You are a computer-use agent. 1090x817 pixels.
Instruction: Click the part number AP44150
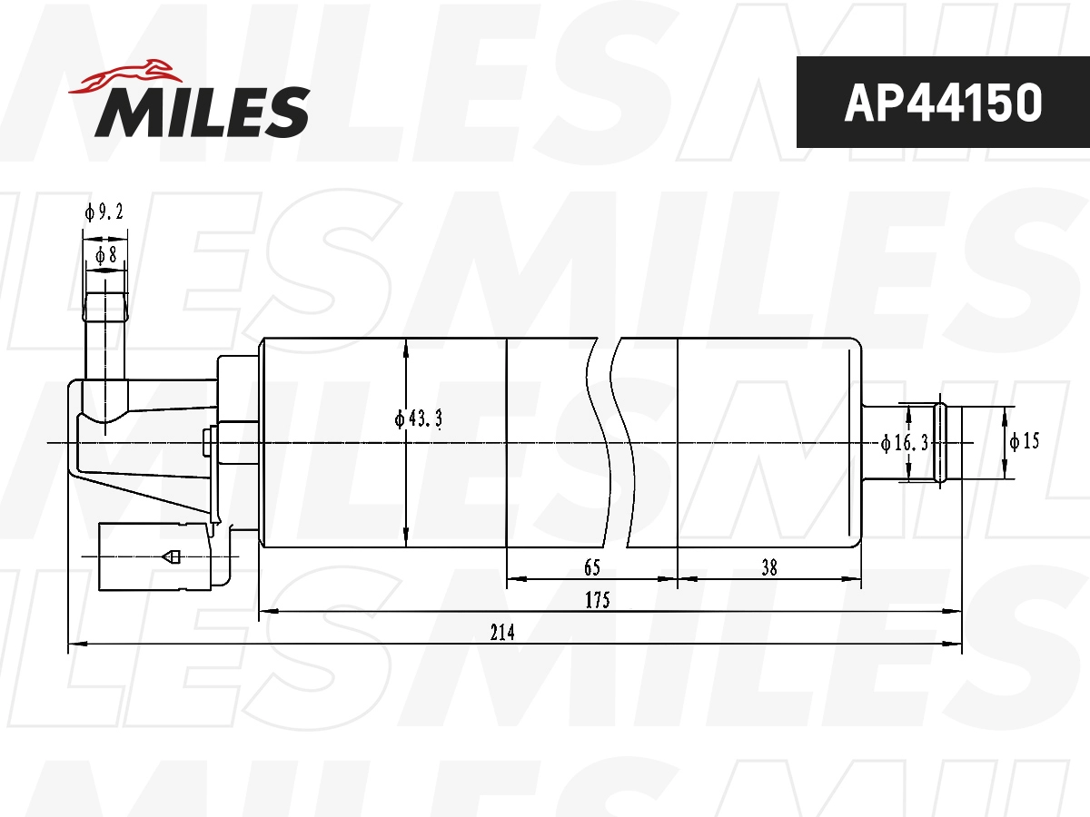[x=942, y=103]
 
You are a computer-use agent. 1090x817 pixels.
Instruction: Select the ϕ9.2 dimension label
[x=104, y=212]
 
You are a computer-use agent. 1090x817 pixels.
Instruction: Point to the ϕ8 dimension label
[x=105, y=256]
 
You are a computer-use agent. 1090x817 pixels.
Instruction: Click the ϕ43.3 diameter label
[x=418, y=419]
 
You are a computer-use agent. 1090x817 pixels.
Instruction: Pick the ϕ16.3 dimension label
[x=905, y=443]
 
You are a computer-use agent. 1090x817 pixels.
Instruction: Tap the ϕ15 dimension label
[x=1024, y=442]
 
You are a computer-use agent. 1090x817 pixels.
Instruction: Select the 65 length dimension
[x=591, y=568]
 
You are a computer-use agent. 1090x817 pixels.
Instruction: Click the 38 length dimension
[x=769, y=568]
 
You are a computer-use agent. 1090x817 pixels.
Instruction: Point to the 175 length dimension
[x=596, y=600]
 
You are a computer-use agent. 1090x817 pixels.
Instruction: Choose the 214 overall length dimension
[x=503, y=633]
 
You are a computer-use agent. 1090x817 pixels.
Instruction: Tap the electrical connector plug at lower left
[x=154, y=556]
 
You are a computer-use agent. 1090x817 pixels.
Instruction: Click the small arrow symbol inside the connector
[x=170, y=556]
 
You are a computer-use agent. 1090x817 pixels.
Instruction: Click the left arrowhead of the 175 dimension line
[x=266, y=612]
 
